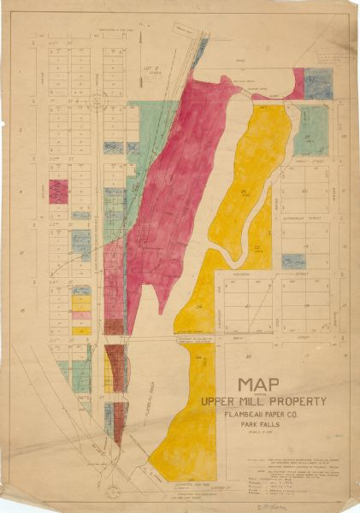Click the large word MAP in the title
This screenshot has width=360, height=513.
coord(269,386)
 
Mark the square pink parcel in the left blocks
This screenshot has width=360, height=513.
coord(58,191)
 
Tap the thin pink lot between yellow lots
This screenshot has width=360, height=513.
coord(82,315)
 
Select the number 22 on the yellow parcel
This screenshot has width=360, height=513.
coord(257,246)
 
